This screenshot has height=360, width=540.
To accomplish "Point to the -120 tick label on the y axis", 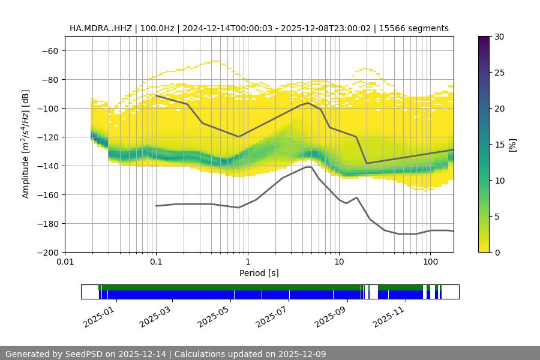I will [47, 137].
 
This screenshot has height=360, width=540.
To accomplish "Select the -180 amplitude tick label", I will [47, 223].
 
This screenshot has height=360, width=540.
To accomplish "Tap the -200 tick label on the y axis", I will [47, 252].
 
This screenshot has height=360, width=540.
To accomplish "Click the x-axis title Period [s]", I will [259, 274].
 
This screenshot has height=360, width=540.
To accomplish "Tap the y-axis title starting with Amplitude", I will [26, 144].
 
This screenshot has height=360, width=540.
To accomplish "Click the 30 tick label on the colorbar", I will [499, 37].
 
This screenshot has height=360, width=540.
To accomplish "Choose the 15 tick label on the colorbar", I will [499, 145].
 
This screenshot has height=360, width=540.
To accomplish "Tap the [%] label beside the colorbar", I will [512, 145].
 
